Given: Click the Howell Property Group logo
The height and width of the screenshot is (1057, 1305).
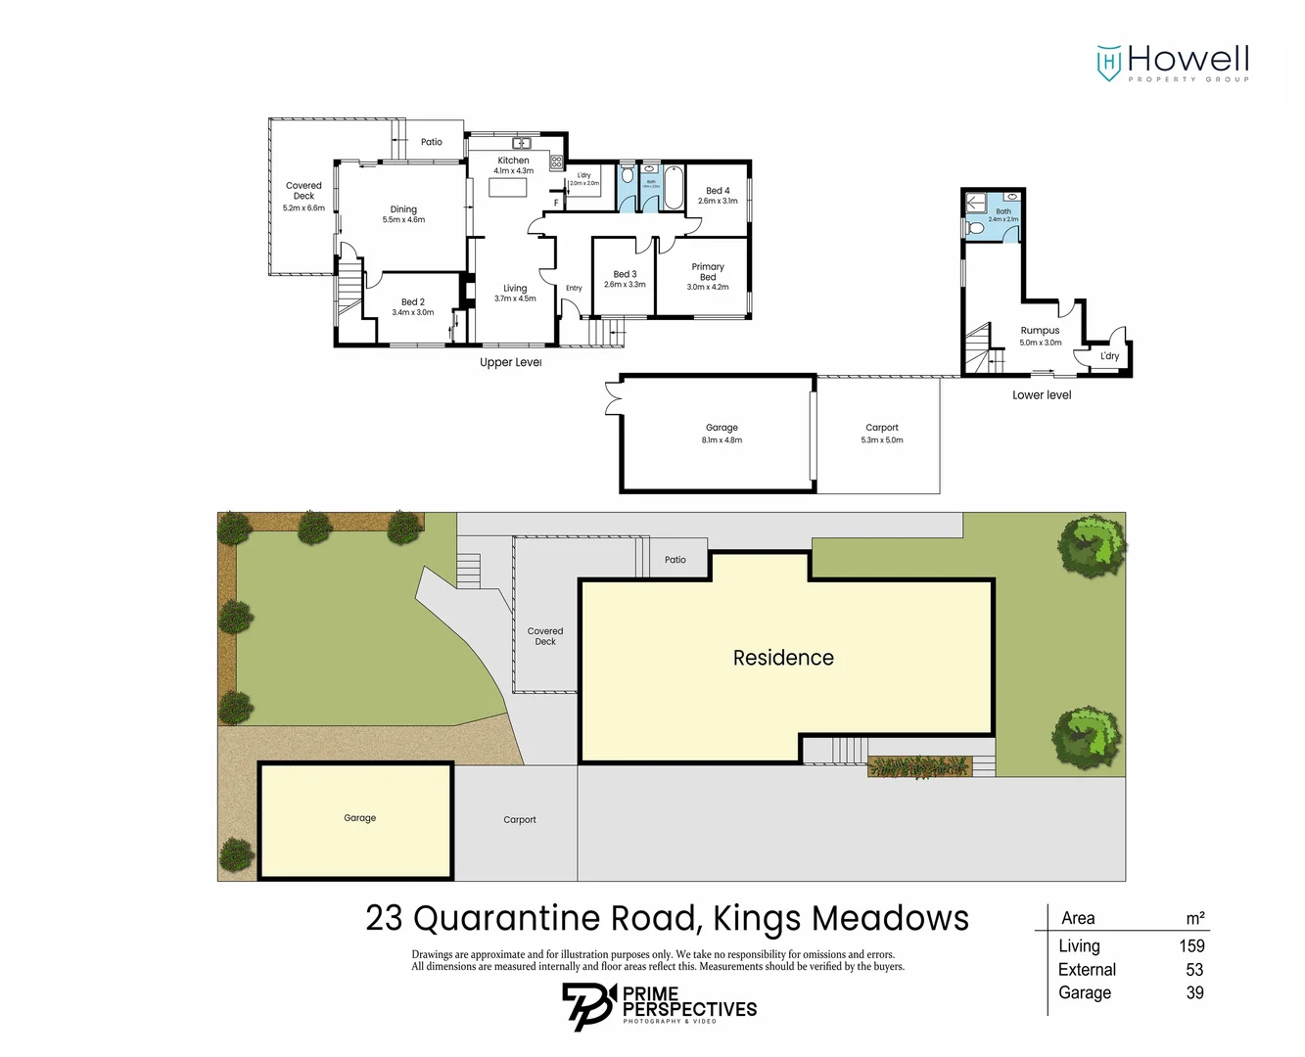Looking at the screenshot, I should pyautogui.click(x=1173, y=63).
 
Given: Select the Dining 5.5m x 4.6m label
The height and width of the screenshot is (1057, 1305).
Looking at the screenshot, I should pyautogui.click(x=403, y=214).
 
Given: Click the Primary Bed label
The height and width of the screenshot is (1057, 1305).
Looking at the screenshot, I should pyautogui.click(x=708, y=272).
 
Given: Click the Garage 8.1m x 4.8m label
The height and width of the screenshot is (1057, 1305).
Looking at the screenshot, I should pyautogui.click(x=722, y=434).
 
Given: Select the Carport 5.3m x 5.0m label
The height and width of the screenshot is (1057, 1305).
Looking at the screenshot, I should pyautogui.click(x=881, y=434).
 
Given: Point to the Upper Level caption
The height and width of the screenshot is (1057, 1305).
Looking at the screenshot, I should pyautogui.click(x=510, y=363).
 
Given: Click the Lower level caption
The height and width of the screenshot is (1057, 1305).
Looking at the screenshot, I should pyautogui.click(x=1042, y=395).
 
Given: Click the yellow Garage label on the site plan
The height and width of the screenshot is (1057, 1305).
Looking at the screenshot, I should pyautogui.click(x=359, y=818).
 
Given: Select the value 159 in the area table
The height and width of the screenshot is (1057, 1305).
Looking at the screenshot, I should pyautogui.click(x=1191, y=946).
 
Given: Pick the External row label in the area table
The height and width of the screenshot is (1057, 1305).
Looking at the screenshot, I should pyautogui.click(x=1087, y=970).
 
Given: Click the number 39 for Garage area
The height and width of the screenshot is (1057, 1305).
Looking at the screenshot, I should pyautogui.click(x=1194, y=993).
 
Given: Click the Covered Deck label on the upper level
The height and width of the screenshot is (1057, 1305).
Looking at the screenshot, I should pyautogui.click(x=303, y=191).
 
